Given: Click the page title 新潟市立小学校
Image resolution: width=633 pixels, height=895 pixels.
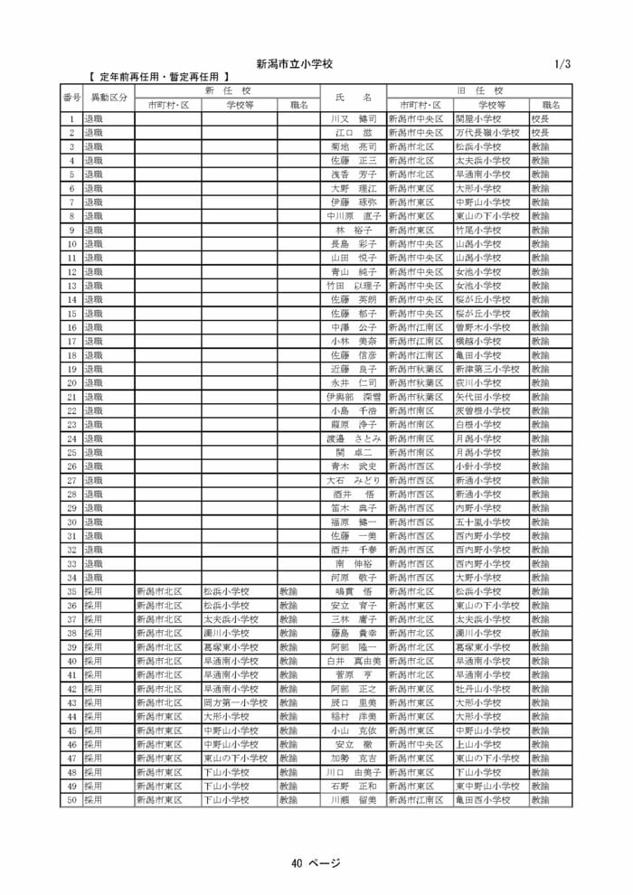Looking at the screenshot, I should click(295, 64).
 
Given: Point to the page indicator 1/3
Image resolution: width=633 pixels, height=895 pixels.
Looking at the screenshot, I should click(562, 64).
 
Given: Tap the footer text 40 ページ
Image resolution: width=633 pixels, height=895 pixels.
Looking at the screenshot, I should click(316, 862).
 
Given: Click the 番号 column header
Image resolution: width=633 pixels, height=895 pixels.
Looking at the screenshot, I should click(71, 98).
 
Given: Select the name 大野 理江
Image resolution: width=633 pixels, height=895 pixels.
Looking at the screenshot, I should click(354, 188).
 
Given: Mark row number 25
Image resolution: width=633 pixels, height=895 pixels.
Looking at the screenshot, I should click(71, 452).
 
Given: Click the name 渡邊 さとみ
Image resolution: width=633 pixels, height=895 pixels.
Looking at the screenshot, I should click(354, 438).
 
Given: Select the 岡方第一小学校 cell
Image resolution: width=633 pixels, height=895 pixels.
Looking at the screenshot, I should click(234, 702).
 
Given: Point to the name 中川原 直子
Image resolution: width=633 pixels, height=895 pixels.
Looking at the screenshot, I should click(354, 216).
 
